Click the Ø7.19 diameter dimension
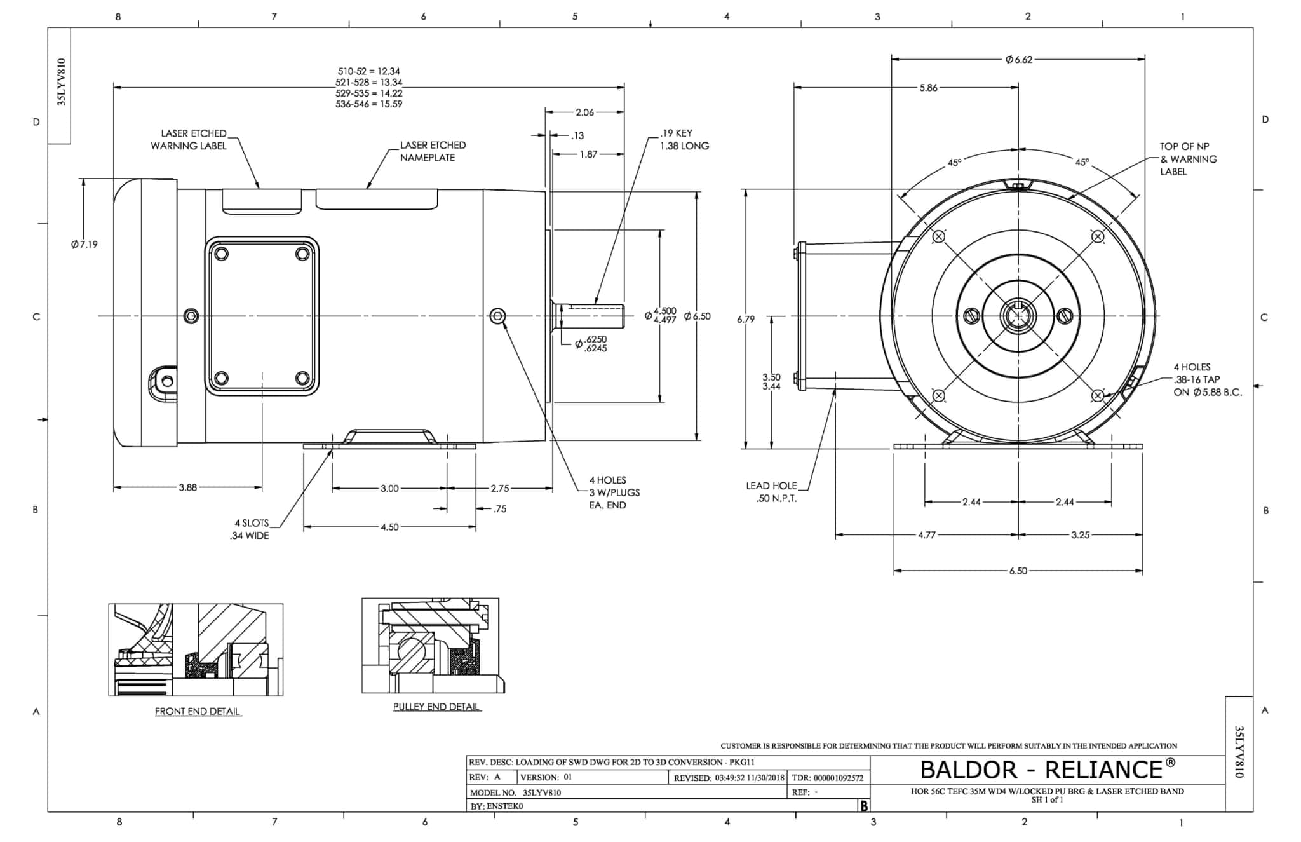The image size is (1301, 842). [84, 245]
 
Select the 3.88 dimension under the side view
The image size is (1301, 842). [187, 488]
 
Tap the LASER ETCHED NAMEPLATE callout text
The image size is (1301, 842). [432, 151]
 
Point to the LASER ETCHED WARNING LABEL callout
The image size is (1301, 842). [189, 140]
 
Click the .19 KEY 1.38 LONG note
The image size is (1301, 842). [684, 140]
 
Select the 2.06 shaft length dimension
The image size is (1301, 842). [584, 112]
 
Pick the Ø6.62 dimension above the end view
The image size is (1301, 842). [1018, 60]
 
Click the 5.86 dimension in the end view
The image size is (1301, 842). [928, 88]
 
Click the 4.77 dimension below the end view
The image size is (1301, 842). [927, 535]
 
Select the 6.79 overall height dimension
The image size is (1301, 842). [746, 320]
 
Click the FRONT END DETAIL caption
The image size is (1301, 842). [198, 712]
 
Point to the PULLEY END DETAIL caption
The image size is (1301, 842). [436, 707]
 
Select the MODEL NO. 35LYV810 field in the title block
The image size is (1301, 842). [515, 793]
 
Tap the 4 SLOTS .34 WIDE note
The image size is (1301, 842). [250, 529]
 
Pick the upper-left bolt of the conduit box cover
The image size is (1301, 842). [221, 254]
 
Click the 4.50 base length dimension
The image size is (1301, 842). [389, 527]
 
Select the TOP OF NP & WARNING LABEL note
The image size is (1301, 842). [1188, 159]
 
